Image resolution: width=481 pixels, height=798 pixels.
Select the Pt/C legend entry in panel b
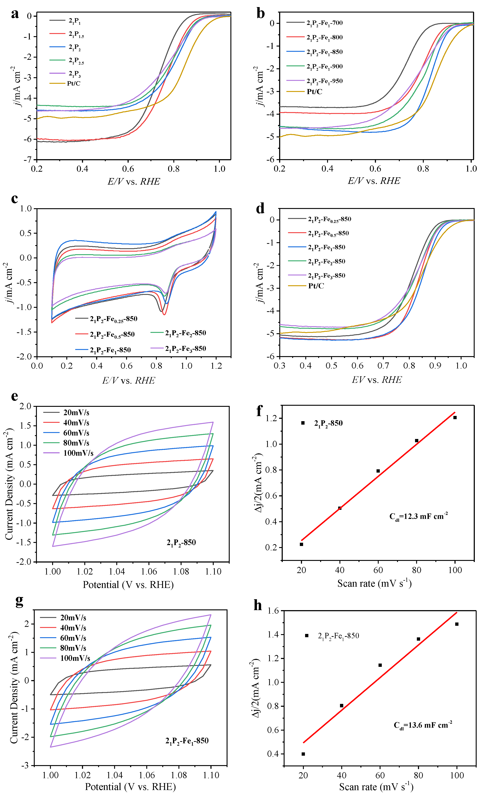click(314, 92)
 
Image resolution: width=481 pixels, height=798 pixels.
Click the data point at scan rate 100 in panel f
click(455, 418)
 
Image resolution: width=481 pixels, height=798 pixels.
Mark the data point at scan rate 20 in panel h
click(303, 754)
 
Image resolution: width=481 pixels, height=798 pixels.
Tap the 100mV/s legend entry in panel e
click(78, 453)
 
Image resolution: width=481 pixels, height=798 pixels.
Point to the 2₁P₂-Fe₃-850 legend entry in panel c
click(185, 348)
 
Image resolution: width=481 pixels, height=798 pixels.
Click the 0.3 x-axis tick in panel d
click(279, 365)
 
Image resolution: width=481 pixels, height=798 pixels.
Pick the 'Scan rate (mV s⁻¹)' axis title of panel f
click(374, 583)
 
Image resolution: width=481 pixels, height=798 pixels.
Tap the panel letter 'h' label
click(258, 605)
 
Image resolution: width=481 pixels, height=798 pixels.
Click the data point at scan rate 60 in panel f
click(378, 471)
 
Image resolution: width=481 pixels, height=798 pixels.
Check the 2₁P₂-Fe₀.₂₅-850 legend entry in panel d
click(329, 219)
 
